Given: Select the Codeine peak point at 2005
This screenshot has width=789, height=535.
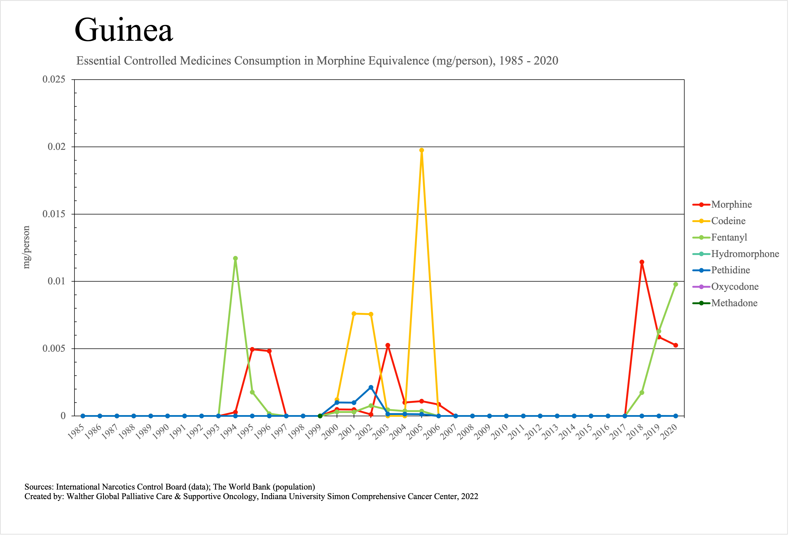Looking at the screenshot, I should pos(421,150).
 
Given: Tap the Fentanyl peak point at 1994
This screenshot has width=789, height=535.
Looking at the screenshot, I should pos(235,258).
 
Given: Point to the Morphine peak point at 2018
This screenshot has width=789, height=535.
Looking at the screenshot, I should pos(642,262).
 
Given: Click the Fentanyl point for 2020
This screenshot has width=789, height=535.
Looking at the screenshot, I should pos(675,284).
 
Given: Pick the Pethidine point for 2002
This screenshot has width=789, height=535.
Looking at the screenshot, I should pos(371,387).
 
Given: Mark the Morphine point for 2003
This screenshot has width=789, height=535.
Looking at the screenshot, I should pos(388,345).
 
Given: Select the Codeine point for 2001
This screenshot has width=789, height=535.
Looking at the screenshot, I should pos(354,314).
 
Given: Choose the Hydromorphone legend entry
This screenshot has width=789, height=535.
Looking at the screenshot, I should pos(745,254).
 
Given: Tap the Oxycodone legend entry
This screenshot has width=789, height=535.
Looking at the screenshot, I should pos(735,287).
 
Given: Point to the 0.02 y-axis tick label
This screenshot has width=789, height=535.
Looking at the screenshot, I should pos(56,147).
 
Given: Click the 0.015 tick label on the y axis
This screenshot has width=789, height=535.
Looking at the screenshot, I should pos(54,214).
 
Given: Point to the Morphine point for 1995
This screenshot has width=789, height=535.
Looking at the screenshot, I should pos(252,349).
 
